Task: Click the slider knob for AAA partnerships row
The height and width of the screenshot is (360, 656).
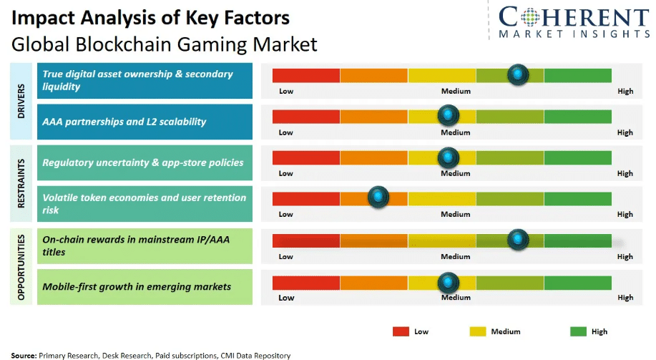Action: pyautogui.click(x=448, y=115)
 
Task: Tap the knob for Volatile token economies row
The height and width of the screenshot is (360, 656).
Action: pyautogui.click(x=378, y=197)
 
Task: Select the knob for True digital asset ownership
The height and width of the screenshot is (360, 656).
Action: pyautogui.click(x=517, y=74)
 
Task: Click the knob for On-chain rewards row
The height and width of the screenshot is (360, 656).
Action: pyautogui.click(x=517, y=240)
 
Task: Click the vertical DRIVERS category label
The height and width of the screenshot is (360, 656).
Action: pyautogui.click(x=21, y=101)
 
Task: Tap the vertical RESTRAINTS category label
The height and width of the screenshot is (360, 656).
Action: pyautogui.click(x=21, y=183)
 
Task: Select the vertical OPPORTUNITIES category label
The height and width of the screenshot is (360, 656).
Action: pyautogui.click(x=21, y=266)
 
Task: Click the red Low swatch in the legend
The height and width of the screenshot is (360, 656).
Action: pyautogui.click(x=401, y=331)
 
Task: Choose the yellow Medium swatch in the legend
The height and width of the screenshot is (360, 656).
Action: pyautogui.click(x=478, y=331)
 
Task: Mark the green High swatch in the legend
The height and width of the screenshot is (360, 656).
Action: pyautogui.click(x=578, y=331)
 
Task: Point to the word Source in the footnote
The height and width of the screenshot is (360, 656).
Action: pyautogui.click(x=23, y=355)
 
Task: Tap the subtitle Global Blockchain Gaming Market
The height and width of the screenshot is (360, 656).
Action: pyautogui.click(x=164, y=44)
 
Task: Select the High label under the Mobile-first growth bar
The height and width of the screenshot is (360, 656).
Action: pyautogui.click(x=625, y=298)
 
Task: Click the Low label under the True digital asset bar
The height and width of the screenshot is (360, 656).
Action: pyautogui.click(x=286, y=91)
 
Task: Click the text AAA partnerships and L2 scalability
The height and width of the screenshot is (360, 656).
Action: pyautogui.click(x=124, y=122)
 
